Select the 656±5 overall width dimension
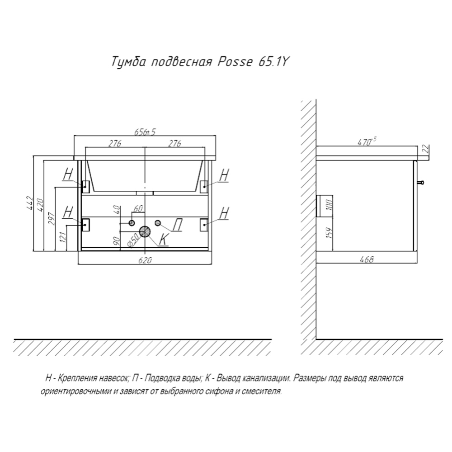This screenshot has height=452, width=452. (x=146, y=132)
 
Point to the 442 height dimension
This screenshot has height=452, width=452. (x=29, y=203)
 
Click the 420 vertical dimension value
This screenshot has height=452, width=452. (x=40, y=206)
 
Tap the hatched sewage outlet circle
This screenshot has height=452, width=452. (x=145, y=232)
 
